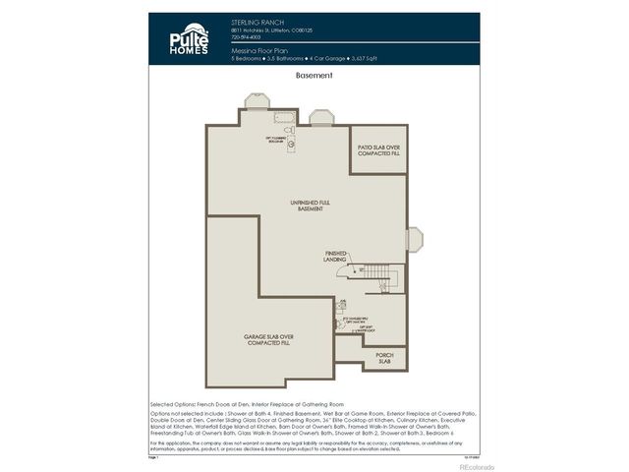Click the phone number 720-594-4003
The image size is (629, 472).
(247, 37)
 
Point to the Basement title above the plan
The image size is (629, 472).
(314, 75)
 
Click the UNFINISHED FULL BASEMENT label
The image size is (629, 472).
(307, 205)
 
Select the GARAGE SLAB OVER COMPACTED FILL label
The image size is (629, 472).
(269, 339)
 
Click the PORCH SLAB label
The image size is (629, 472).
(384, 358)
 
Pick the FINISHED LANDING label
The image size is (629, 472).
(335, 255)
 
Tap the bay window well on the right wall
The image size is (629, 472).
(414, 240)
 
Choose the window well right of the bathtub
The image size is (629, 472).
(321, 118)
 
